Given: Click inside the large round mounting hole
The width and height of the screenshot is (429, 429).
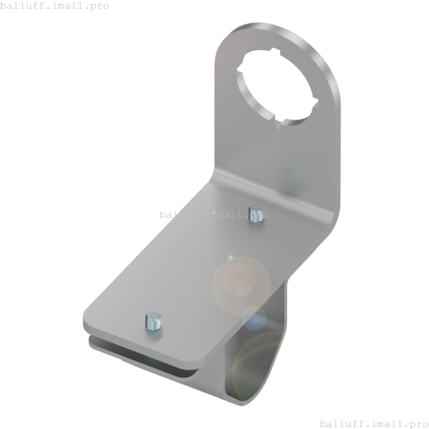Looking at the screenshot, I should tap(277, 89).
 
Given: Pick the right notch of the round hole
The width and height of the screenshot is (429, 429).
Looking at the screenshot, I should tap(315, 101).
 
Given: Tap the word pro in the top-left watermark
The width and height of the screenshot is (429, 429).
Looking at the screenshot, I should tap(99, 6).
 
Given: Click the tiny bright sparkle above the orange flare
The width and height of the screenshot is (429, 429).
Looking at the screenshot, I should tap(230, 257).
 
